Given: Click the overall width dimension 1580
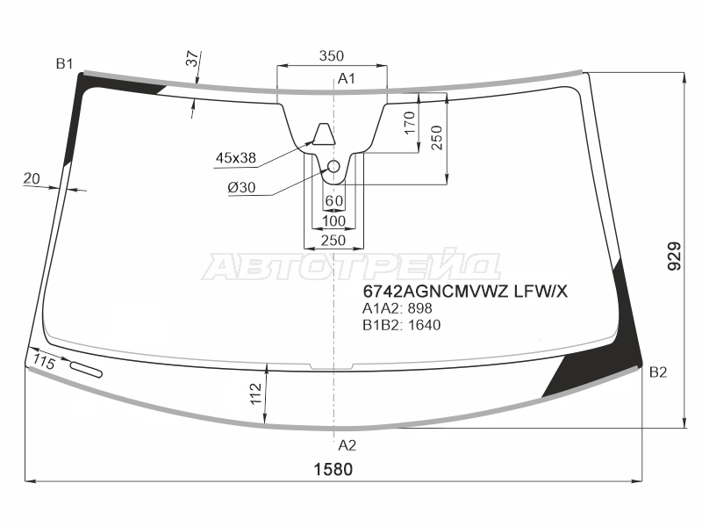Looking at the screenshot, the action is pyautogui.click(x=333, y=469).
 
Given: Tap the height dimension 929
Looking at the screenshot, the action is pyautogui.click(x=674, y=256).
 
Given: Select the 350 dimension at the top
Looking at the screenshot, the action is pyautogui.click(x=332, y=55).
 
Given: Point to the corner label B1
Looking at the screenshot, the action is pyautogui.click(x=64, y=64).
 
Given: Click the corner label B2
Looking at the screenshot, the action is pyautogui.click(x=658, y=372).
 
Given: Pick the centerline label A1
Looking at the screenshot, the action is pyautogui.click(x=346, y=79).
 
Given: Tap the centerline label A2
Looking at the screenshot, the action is pyautogui.click(x=347, y=445).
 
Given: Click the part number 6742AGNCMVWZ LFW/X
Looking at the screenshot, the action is pyautogui.click(x=465, y=292).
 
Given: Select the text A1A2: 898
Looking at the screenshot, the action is pyautogui.click(x=398, y=308).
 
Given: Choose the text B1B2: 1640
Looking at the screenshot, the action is pyautogui.click(x=402, y=324).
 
